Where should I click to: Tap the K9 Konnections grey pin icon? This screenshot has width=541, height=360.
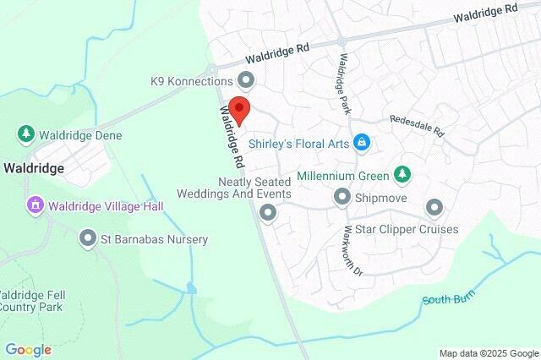[246, 81]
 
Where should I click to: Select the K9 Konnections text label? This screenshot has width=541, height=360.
[191, 81]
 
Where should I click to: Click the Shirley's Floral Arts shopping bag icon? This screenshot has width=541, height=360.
[362, 142]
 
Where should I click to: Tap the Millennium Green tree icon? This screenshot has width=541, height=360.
[403, 175]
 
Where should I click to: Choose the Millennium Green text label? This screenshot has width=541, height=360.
[342, 177]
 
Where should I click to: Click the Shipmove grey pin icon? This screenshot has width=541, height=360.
[342, 197]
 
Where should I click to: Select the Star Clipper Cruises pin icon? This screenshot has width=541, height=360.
[434, 206]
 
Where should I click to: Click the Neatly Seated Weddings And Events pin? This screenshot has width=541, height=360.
[268, 212]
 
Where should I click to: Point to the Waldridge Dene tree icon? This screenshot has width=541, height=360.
[26, 134]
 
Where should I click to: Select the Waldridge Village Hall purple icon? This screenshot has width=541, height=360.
[35, 204]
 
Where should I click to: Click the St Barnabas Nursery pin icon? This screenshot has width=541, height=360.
[87, 239]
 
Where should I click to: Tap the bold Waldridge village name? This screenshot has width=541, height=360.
[33, 168]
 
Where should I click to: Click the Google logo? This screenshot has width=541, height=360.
[28, 350]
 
